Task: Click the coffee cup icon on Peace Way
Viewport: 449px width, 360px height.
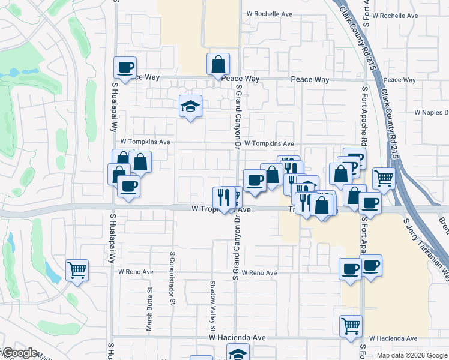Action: click(125, 67)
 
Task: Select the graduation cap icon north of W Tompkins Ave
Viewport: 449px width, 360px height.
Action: click(191, 107)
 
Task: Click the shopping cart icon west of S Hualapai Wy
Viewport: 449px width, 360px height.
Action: click(77, 269)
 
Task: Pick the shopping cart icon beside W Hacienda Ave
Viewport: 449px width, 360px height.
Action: click(351, 326)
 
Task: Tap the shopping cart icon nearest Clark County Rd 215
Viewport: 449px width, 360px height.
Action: click(384, 178)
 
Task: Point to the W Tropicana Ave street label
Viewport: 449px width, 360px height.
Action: click(221, 210)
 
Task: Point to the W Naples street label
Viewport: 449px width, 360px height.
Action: click(432, 113)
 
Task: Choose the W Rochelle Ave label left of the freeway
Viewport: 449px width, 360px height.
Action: click(270, 14)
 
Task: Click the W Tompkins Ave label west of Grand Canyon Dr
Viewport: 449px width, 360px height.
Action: click(145, 142)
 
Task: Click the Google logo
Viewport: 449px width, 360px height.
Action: click(20, 353)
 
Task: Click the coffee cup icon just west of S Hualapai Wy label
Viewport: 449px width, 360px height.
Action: click(128, 185)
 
